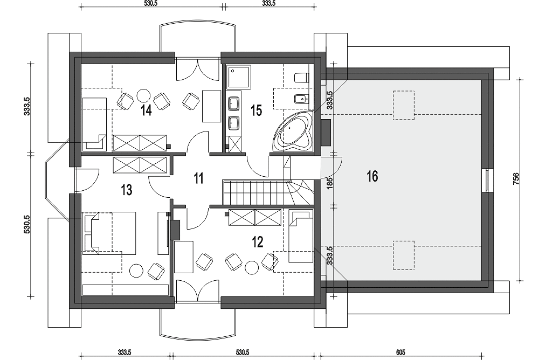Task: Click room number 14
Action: coord(147,110)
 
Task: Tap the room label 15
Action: coord(257,110)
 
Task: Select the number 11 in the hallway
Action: coord(199,178)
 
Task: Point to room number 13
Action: coord(127,190)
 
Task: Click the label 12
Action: coord(258,242)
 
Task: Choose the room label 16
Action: coord(372,176)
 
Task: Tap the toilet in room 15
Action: coord(301,78)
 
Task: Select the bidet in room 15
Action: coord(302,100)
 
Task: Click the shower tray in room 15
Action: coord(239,77)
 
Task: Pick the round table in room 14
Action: coord(143,95)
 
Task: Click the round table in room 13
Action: coord(137,270)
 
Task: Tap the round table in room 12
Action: coord(252,267)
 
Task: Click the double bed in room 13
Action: coord(109,233)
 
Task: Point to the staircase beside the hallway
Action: coord(268,192)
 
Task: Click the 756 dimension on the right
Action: coord(516,179)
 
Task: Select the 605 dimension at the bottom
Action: coord(400,352)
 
